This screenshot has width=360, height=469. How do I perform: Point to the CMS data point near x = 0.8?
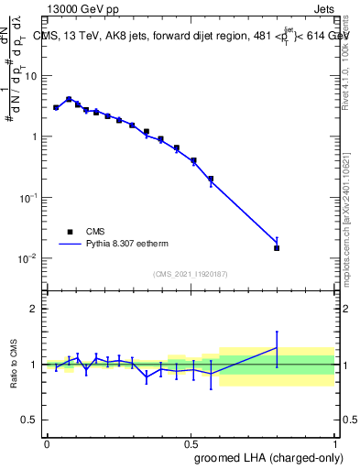pos(277,247)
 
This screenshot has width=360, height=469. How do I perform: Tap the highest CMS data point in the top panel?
pos(69,99)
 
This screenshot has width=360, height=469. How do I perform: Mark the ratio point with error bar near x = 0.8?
pos(277,347)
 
